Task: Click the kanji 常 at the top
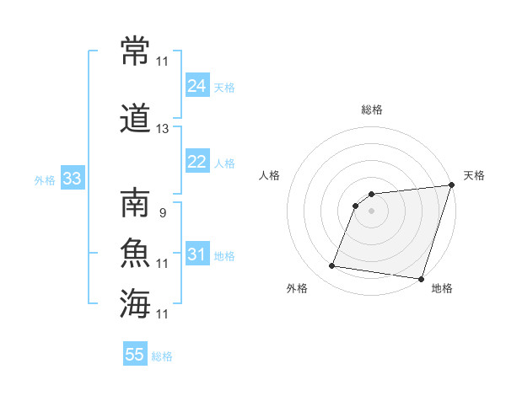(135, 51)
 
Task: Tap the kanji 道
(135, 118)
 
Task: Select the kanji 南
(135, 202)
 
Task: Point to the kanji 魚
(135, 253)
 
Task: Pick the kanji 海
(135, 303)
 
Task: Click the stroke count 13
(162, 129)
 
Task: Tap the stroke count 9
(163, 213)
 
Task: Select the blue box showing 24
(197, 85)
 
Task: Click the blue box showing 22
(197, 161)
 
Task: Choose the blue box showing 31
(197, 253)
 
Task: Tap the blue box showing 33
(73, 178)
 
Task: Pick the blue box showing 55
(135, 353)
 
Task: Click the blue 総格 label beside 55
(162, 356)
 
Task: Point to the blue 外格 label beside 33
(45, 180)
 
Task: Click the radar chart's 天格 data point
(452, 185)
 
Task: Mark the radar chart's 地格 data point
(421, 279)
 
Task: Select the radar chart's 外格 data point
(331, 265)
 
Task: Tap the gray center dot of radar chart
(371, 211)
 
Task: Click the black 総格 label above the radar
(372, 110)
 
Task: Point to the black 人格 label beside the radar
(269, 175)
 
